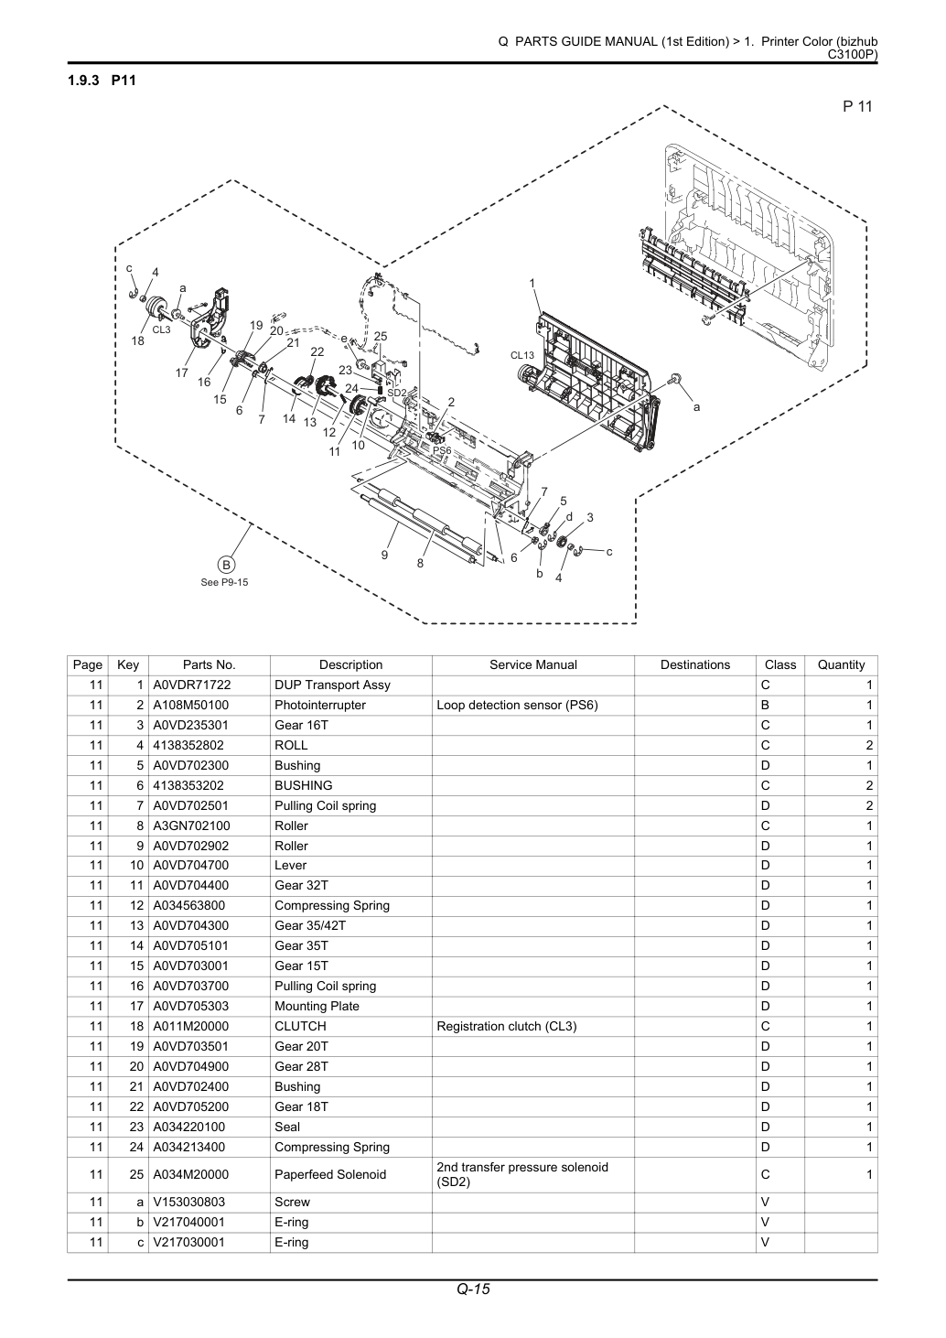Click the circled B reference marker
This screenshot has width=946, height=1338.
coord(226,565)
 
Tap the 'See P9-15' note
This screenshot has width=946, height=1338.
coord(224,582)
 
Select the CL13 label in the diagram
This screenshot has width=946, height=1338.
coord(522,355)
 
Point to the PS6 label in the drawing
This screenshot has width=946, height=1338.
coord(442,450)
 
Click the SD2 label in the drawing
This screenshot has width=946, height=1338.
coord(396,393)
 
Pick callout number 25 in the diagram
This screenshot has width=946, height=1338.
coord(381,336)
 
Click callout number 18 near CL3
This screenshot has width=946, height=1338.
coord(138,341)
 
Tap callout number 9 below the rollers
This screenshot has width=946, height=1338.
coord(384,555)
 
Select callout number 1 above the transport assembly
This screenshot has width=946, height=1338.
coord(532,283)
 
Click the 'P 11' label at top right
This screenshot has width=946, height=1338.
coord(857,106)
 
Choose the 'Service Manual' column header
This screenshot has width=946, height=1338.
coord(533,664)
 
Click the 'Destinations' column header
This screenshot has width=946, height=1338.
coord(695,664)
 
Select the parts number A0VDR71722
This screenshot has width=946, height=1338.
coord(192,685)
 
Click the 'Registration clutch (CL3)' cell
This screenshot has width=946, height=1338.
coord(507,1026)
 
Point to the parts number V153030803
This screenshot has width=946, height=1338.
coord(189,1202)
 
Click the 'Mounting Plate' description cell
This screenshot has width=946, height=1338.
coord(317,1006)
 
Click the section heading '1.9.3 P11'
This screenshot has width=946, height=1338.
coord(102,81)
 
